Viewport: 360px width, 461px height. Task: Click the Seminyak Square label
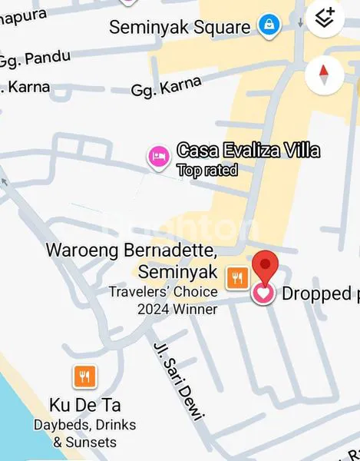pyautogui.click(x=180, y=28)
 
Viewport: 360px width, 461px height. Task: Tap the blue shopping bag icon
pyautogui.click(x=268, y=25)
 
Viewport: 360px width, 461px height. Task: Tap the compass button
pyautogui.click(x=324, y=75)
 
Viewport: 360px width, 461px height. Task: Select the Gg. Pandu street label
pyautogui.click(x=35, y=58)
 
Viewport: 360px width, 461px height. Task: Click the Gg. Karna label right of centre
pyautogui.click(x=167, y=86)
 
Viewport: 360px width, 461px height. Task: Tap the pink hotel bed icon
pyautogui.click(x=158, y=157)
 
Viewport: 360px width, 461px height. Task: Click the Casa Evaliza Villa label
pyautogui.click(x=248, y=151)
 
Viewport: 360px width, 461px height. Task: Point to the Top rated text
pyautogui.click(x=207, y=171)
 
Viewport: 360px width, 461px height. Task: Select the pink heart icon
pyautogui.click(x=263, y=294)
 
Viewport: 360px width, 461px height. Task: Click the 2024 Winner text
pyautogui.click(x=177, y=309)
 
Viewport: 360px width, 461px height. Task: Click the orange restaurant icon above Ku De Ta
pyautogui.click(x=84, y=376)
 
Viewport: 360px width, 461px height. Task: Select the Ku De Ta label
pyautogui.click(x=84, y=405)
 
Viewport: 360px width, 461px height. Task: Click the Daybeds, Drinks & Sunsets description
pyautogui.click(x=84, y=433)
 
